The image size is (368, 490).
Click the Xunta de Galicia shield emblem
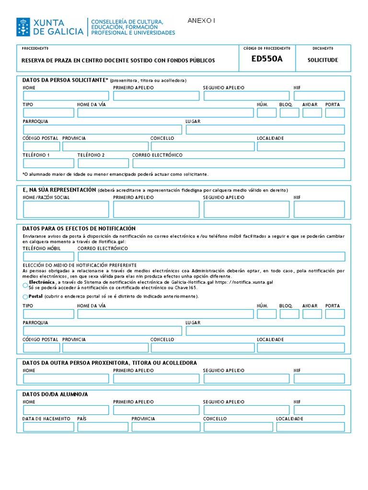point(23,27)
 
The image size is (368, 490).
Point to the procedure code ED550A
point(267,59)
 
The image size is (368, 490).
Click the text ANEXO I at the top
point(202,21)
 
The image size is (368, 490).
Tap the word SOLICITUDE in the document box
point(322,60)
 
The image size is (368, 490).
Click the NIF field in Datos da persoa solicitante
point(319,96)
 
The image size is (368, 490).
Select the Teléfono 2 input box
point(103,163)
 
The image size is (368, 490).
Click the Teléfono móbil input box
point(48,256)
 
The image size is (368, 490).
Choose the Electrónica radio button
point(25,285)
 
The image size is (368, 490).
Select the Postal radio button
point(25,297)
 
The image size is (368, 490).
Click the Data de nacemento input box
point(48,426)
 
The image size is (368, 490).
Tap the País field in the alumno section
point(103,426)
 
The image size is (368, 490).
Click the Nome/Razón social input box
point(66,209)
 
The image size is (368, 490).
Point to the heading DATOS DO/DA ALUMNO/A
point(55,394)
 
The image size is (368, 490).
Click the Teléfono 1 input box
point(48,163)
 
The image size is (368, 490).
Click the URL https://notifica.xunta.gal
point(244,283)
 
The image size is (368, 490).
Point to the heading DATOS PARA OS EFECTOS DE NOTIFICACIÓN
point(79,229)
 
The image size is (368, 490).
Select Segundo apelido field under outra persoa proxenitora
point(246,379)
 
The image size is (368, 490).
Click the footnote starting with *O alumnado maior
point(115,174)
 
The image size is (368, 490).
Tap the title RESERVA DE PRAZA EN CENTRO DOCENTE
point(119,61)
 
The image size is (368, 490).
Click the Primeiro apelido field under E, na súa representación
point(156,209)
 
